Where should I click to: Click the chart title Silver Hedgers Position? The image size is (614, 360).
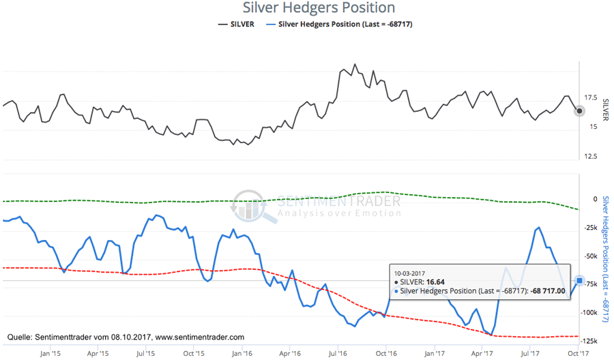tap(319, 8)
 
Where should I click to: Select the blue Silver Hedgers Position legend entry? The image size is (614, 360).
tap(345, 25)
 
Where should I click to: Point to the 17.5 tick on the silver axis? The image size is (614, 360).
tap(591, 97)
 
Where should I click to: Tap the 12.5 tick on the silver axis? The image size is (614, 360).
tap(591, 156)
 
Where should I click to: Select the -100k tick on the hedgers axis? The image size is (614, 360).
tap(590, 312)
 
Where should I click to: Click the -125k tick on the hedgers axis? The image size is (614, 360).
tap(590, 341)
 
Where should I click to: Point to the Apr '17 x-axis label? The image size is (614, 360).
tap(483, 354)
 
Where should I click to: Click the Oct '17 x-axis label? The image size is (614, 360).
tap(578, 354)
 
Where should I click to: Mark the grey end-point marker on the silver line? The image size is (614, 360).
tap(579, 110)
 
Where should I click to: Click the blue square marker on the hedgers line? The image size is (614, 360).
tap(579, 280)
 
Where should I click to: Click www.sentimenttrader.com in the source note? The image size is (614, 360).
tap(200, 337)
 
